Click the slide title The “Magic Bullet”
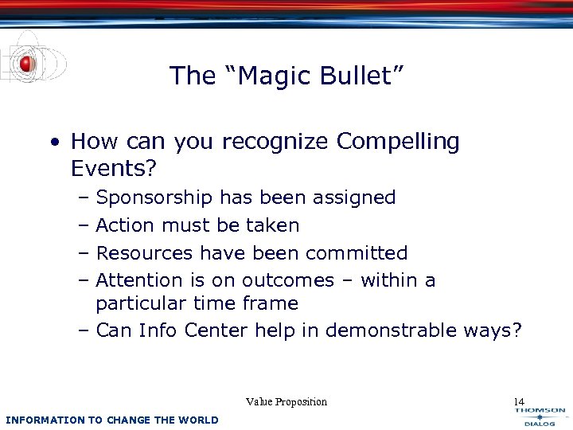(286, 76)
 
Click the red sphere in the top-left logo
(26, 63)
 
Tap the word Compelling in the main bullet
(398, 142)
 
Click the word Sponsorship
(154, 197)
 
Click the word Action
(125, 225)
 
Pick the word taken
(272, 225)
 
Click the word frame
(273, 303)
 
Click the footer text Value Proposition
(286, 402)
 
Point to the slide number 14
(519, 402)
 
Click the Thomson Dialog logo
(539, 416)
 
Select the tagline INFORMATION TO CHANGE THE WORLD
(111, 420)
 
